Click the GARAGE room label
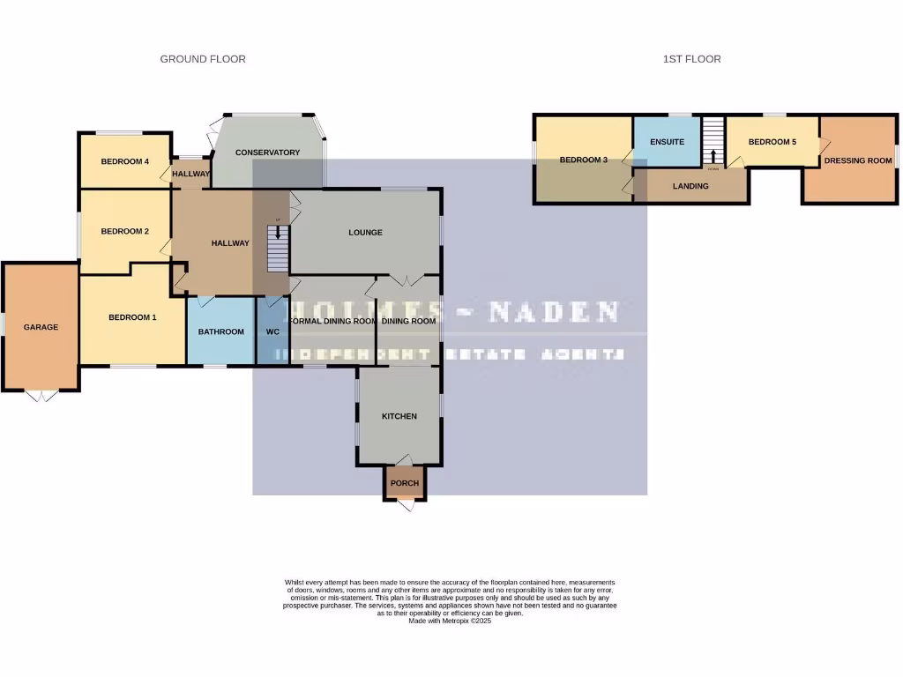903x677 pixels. pyautogui.click(x=41, y=327)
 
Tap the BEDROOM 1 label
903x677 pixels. pyautogui.click(x=132, y=317)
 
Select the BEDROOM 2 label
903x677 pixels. pyautogui.click(x=124, y=232)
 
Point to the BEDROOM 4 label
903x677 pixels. pyautogui.click(x=124, y=161)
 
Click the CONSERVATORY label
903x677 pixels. pyautogui.click(x=267, y=153)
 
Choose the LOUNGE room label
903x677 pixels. pyautogui.click(x=365, y=233)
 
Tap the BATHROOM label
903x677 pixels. pyautogui.click(x=220, y=331)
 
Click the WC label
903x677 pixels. pyautogui.click(x=272, y=332)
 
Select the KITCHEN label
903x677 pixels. pyautogui.click(x=399, y=416)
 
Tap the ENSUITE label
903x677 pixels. pyautogui.click(x=667, y=142)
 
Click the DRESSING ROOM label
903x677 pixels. pyautogui.click(x=857, y=161)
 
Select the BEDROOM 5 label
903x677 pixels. pyautogui.click(x=772, y=142)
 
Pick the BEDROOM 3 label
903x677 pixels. pyautogui.click(x=583, y=160)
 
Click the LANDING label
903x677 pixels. pyautogui.click(x=690, y=186)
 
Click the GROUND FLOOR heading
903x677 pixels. pyautogui.click(x=203, y=59)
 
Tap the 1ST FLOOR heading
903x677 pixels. pyautogui.click(x=691, y=59)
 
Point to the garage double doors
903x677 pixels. pyautogui.click(x=41, y=396)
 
